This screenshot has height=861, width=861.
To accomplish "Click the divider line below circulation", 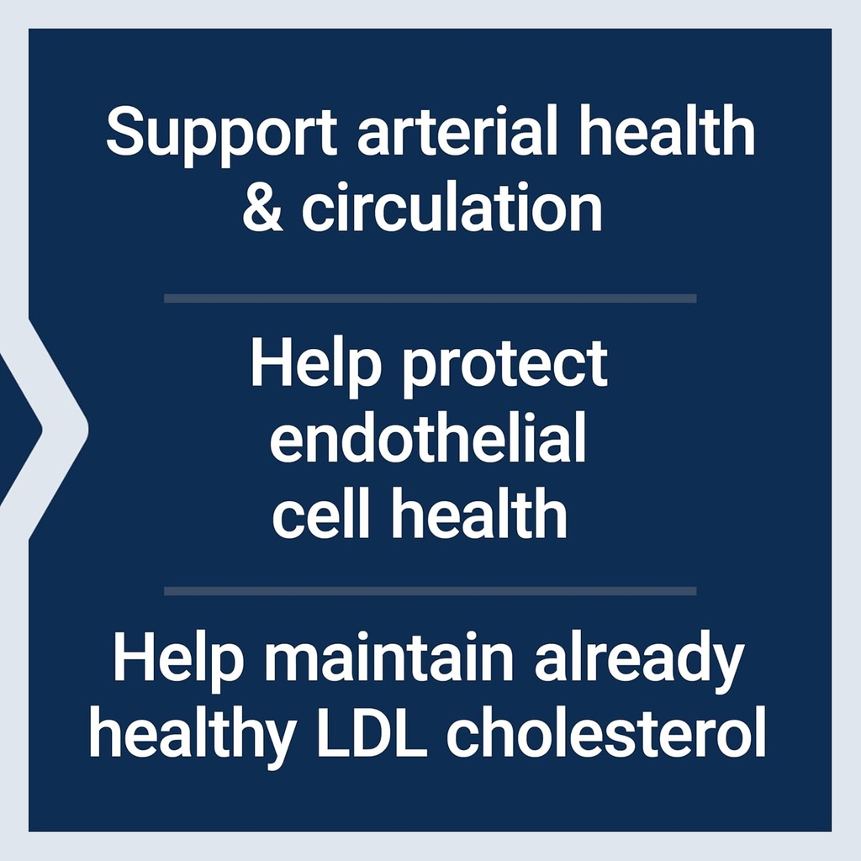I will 430,298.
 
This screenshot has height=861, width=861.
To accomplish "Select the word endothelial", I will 428,440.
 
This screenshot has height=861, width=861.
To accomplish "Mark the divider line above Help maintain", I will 430,591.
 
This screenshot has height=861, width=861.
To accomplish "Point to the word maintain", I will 388,659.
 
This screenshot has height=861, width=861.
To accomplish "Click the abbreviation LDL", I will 372,735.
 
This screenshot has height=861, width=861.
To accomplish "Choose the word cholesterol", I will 605,735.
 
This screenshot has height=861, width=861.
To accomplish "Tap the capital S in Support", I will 124,133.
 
